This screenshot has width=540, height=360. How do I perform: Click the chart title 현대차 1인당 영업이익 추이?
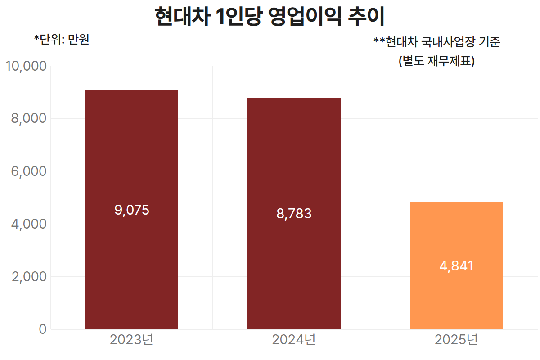tap(270, 17)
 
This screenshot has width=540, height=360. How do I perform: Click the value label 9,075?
tap(131, 210)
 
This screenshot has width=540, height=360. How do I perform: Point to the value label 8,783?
tap(294, 214)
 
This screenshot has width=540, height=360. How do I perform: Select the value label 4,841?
tap(456, 266)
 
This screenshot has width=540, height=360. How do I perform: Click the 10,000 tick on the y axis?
tap(27, 66)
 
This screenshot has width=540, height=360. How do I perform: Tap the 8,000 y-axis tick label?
tap(29, 119)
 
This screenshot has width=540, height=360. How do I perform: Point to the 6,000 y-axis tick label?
tap(29, 171)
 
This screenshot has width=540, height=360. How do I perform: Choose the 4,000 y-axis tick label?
tap(29, 224)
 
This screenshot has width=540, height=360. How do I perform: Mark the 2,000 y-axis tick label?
tap(29, 277)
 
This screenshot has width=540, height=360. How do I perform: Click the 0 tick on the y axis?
tap(42, 329)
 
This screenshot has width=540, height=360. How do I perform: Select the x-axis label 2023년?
tap(131, 340)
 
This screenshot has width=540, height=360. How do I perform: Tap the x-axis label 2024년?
tap(294, 340)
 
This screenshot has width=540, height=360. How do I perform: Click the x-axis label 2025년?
tap(456, 340)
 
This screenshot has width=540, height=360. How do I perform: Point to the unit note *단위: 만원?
tap(62, 40)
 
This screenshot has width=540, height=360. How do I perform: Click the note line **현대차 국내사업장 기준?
tap(437, 42)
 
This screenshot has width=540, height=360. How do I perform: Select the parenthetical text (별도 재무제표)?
tap(437, 61)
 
